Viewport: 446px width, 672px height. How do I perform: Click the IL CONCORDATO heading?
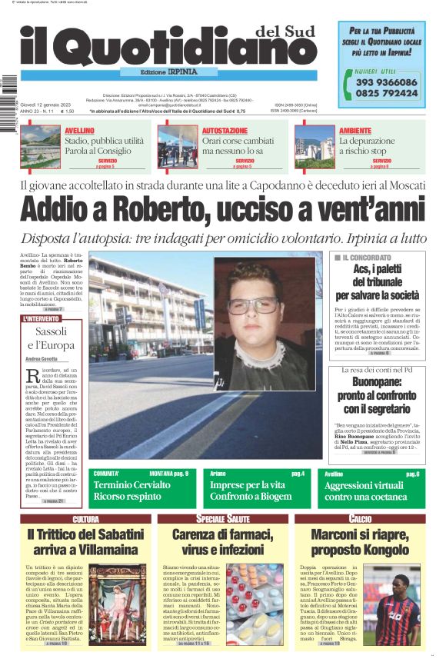pos(366,258)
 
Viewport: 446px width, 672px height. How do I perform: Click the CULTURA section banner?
pos(85,520)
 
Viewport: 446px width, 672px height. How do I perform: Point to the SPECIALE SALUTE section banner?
pos(222,520)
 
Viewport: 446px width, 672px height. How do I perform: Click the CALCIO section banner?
pos(359,520)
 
